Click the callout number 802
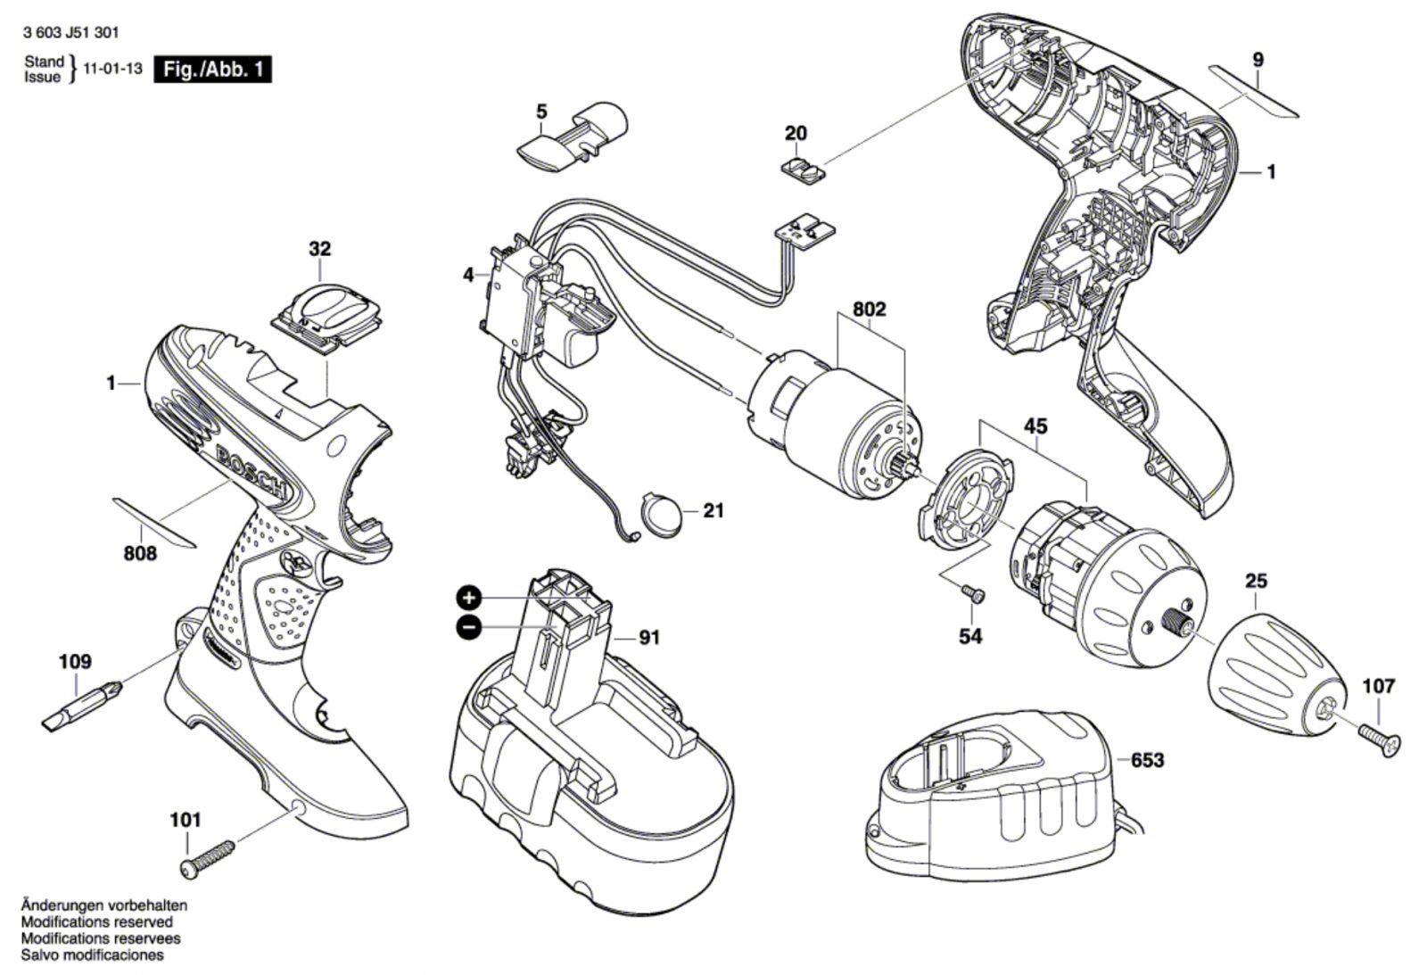[869, 310]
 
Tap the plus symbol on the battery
[469, 599]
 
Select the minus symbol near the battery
[469, 628]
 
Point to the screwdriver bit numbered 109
[81, 706]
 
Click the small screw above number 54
[973, 593]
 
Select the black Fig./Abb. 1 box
[213, 70]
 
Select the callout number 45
[1035, 426]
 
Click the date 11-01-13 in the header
[112, 69]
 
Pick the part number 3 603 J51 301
[70, 33]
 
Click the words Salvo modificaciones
[93, 955]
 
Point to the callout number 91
[649, 637]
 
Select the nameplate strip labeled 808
[154, 523]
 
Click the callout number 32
[320, 249]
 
